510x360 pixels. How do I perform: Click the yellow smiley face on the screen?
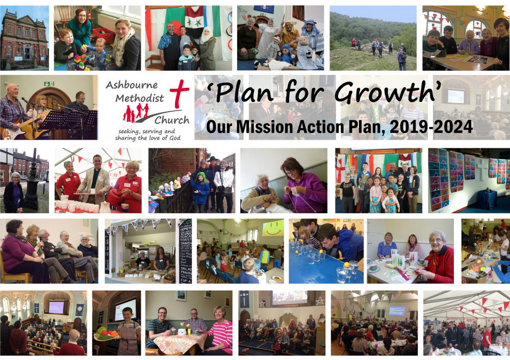point(273,229)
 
